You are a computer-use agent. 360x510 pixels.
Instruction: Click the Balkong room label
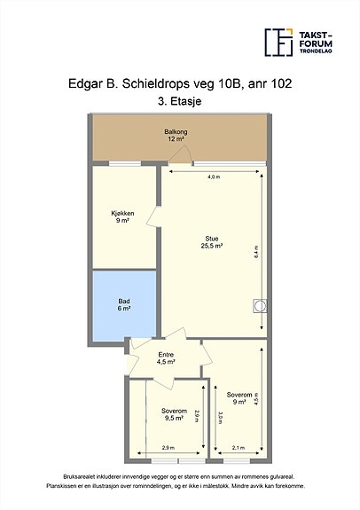click(176, 136)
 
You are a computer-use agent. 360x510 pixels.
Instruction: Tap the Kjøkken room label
click(122, 217)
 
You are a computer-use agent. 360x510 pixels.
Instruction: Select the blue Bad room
click(124, 306)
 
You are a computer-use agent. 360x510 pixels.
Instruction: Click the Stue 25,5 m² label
click(212, 242)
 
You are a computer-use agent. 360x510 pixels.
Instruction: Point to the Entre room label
click(166, 358)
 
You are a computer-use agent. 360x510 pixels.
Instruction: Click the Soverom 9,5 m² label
click(174, 414)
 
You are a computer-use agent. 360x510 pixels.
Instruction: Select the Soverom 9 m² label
click(239, 398)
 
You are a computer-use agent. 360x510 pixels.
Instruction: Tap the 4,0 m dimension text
click(214, 177)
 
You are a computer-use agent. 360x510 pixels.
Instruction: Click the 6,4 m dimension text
click(256, 252)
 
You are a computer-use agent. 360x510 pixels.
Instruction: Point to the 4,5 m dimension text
click(256, 398)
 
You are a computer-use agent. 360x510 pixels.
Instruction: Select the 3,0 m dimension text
click(220, 418)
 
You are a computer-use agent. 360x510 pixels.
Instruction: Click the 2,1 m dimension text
click(239, 448)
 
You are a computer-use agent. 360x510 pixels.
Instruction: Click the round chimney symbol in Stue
click(260, 306)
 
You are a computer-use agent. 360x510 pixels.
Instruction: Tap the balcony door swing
click(179, 153)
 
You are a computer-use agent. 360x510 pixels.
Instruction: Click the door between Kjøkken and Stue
click(153, 216)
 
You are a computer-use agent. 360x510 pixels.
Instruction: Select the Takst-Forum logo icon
click(278, 43)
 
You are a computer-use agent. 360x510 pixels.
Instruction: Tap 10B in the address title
click(231, 83)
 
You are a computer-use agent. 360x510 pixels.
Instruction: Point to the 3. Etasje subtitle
click(180, 101)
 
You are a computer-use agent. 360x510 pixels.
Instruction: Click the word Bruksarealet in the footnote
click(75, 477)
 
